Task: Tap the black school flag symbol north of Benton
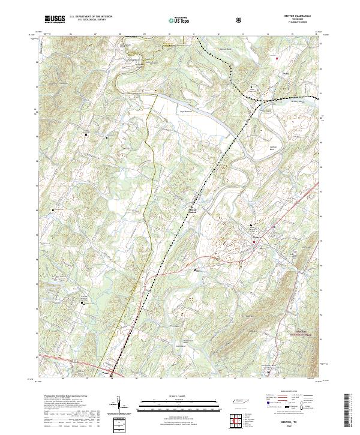click(x=251, y=226)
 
